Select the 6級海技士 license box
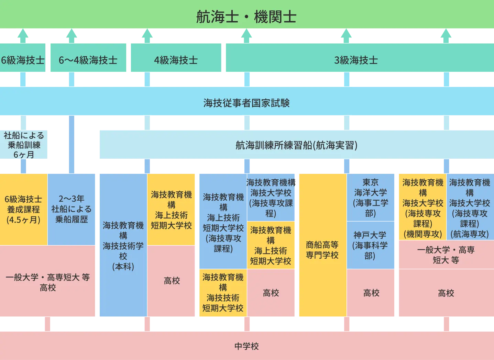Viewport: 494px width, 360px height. click(23, 60)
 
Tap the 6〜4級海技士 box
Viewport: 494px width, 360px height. click(88, 60)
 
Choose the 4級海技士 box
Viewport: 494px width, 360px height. click(176, 60)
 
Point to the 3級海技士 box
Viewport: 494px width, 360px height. click(356, 60)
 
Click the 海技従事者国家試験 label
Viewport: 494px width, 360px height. click(246, 102)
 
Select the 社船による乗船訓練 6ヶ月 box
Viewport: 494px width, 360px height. click(24, 145)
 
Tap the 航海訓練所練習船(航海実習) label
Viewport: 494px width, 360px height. click(296, 145)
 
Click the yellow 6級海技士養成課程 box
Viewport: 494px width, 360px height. click(23, 209)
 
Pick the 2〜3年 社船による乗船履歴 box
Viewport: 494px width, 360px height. click(72, 209)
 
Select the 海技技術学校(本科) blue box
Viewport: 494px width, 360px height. click(123, 245)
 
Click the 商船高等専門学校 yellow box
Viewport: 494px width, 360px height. click(322, 249)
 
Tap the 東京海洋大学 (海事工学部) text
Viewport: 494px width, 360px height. click(370, 198)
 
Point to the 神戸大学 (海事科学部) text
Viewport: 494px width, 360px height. click(370, 245)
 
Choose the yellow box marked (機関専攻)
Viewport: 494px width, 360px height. click(422, 208)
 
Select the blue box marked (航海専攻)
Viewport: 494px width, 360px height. click(470, 208)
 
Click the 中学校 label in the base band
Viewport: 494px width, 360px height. click(246, 346)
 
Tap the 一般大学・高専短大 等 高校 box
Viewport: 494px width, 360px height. click(47, 282)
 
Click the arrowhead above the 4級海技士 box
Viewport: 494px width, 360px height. click(147, 34)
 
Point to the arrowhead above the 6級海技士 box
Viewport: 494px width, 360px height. click(23, 34)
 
